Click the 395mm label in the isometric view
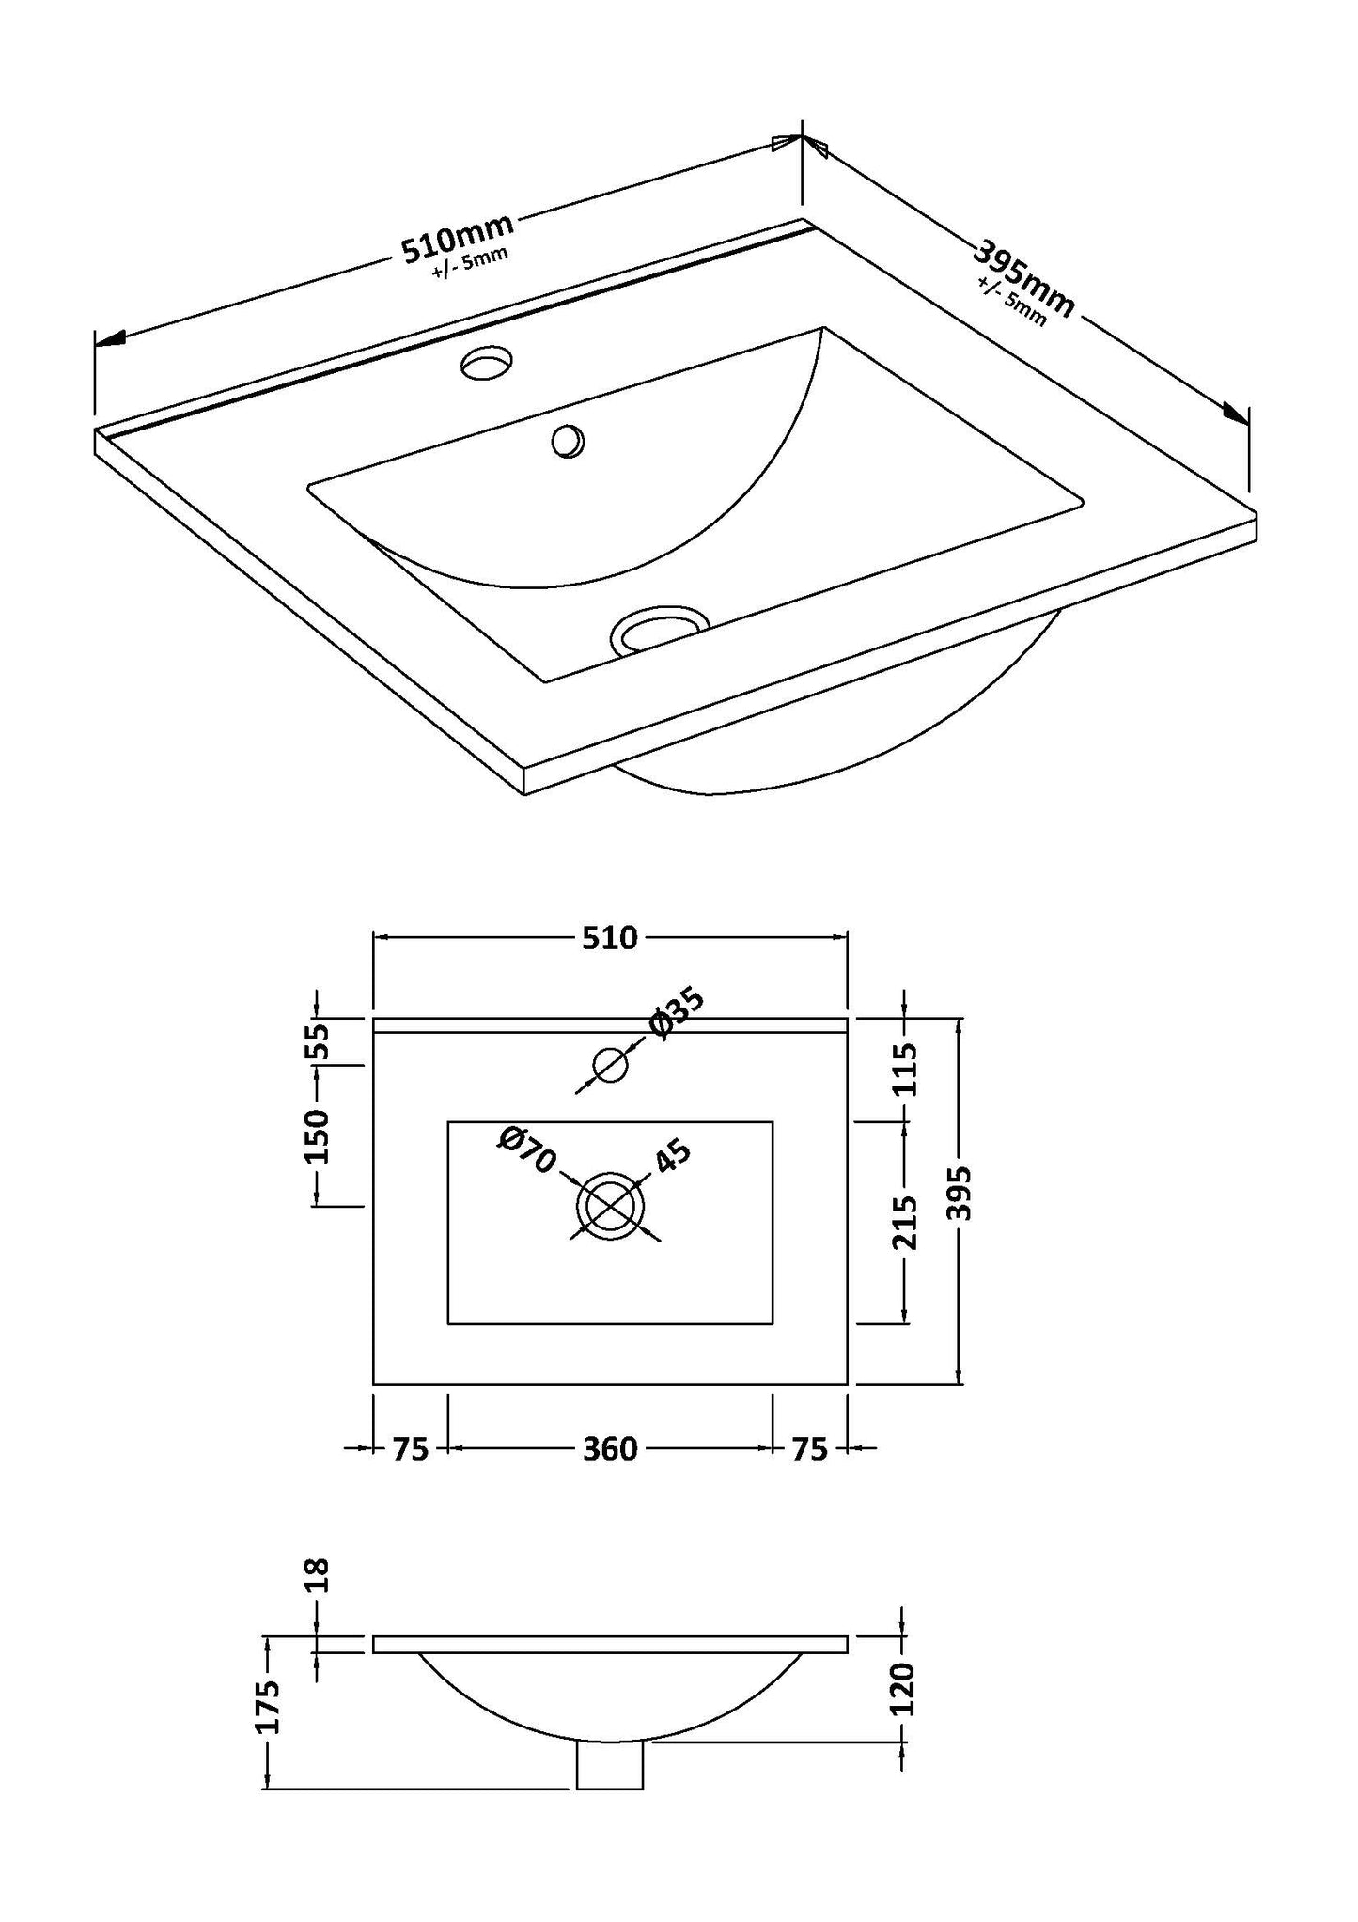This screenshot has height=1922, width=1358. point(1023,279)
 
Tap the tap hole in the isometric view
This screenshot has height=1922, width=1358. point(489,361)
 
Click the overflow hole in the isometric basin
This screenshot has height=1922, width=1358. point(568,441)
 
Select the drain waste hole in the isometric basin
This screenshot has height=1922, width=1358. point(660,628)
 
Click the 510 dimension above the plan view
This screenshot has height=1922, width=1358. point(610,937)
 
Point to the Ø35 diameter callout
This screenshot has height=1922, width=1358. point(675,1013)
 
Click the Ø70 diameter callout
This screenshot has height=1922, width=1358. point(529,1149)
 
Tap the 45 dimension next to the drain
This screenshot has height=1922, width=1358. point(672,1156)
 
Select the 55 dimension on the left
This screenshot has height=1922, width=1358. point(318,1040)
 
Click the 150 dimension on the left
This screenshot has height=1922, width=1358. point(318,1135)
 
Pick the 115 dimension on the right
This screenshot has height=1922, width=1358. point(904,1070)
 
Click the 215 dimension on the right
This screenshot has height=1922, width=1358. point(904,1222)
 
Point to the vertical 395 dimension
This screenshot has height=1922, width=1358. point(959,1194)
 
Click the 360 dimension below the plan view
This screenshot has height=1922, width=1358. point(610,1449)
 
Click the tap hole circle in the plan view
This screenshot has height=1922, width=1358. point(610,1065)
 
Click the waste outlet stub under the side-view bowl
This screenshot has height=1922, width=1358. point(610,1764)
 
